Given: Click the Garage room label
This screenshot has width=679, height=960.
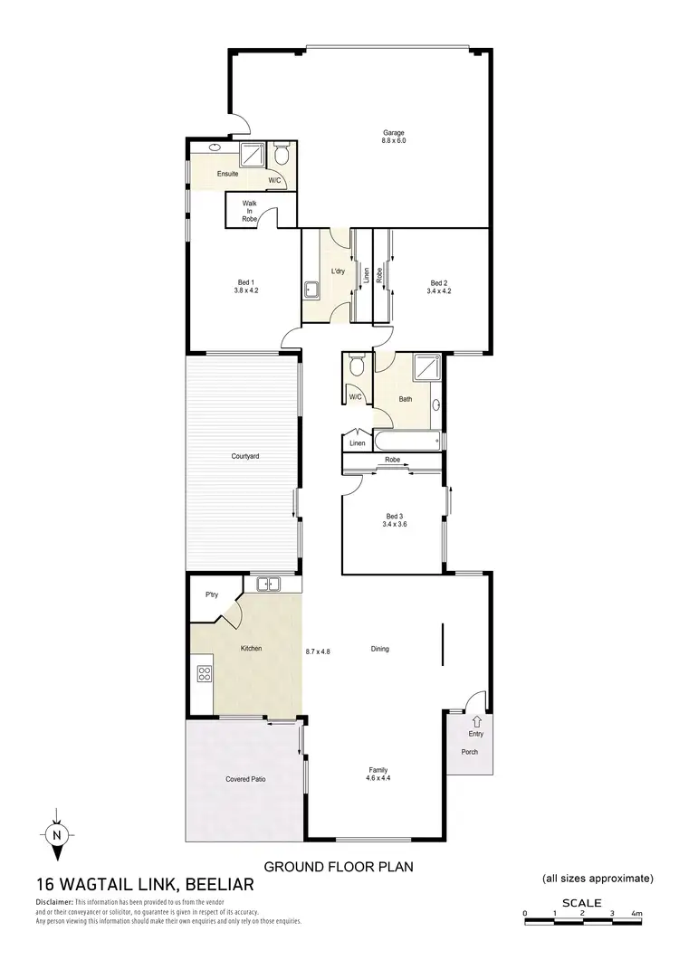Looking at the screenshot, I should pos(393,137).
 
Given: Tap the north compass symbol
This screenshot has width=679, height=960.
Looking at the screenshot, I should pos(57,834).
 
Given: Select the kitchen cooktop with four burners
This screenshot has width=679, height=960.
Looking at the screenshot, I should pos(204,673).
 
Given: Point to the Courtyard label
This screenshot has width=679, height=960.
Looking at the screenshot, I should pos(245,457).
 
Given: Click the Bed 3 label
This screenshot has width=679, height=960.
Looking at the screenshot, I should pos(393,519).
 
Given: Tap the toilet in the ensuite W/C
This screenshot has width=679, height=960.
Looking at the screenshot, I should pos(282,158).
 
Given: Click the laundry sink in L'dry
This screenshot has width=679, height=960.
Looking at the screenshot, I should pos(312,290).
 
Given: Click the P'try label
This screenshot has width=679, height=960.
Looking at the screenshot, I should pos(212,594).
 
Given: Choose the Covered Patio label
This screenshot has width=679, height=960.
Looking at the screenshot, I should pos(244,778).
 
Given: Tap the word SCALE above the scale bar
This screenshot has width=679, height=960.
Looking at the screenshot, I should pos(580,902).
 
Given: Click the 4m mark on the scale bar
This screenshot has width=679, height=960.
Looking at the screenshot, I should pos(637,913).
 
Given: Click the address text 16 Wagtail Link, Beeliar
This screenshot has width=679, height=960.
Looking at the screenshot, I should pos(146,886).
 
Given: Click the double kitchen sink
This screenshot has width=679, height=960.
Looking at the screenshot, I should pos(268,584).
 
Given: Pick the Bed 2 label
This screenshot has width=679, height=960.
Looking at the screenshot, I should pos(440,288).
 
